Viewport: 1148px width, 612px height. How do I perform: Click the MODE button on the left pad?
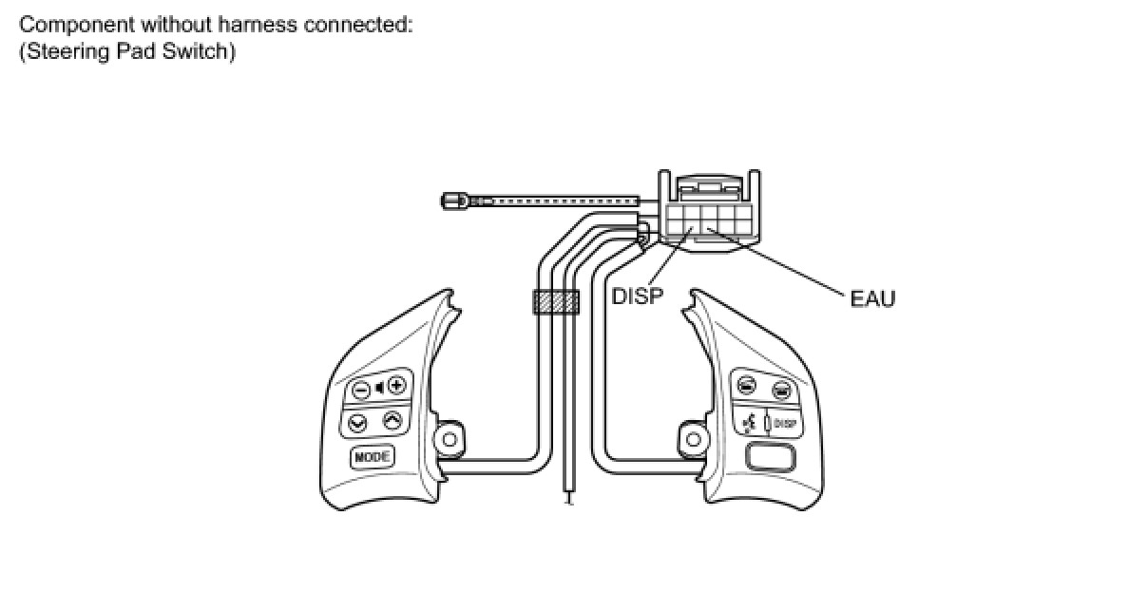point(372,457)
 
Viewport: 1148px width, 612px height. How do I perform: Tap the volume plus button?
point(396,385)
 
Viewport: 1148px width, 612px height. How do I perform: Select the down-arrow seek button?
point(358,423)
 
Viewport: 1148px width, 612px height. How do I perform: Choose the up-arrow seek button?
point(392,420)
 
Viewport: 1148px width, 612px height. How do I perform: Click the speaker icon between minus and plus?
point(378,386)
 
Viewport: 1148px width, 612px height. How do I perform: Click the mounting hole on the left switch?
point(449,439)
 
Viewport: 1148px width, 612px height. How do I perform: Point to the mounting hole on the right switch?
point(694,439)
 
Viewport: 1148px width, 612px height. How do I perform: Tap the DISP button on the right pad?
point(785,424)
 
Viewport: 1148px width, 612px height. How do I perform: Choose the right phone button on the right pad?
point(781,388)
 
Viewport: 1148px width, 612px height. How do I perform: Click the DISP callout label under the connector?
point(637,296)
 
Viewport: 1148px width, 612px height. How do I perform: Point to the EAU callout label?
point(872,298)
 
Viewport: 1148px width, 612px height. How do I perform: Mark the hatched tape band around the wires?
point(556,302)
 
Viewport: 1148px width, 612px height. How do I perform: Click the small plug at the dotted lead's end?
point(453,201)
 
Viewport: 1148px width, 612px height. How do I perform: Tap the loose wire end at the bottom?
point(568,497)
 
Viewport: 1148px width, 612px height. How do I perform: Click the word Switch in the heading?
point(200,51)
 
